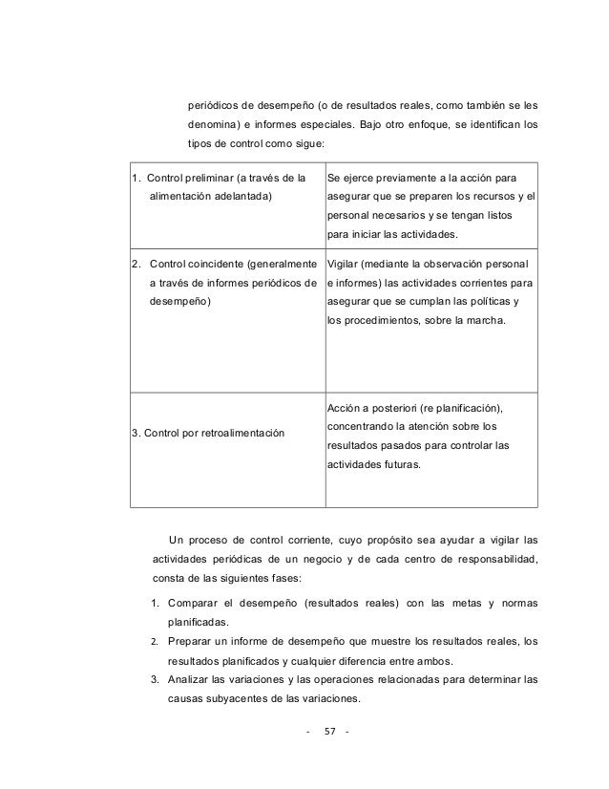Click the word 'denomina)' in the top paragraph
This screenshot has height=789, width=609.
(x=220, y=124)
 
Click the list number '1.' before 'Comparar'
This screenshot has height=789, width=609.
(x=155, y=604)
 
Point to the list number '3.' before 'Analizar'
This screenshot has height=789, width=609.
(x=155, y=679)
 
